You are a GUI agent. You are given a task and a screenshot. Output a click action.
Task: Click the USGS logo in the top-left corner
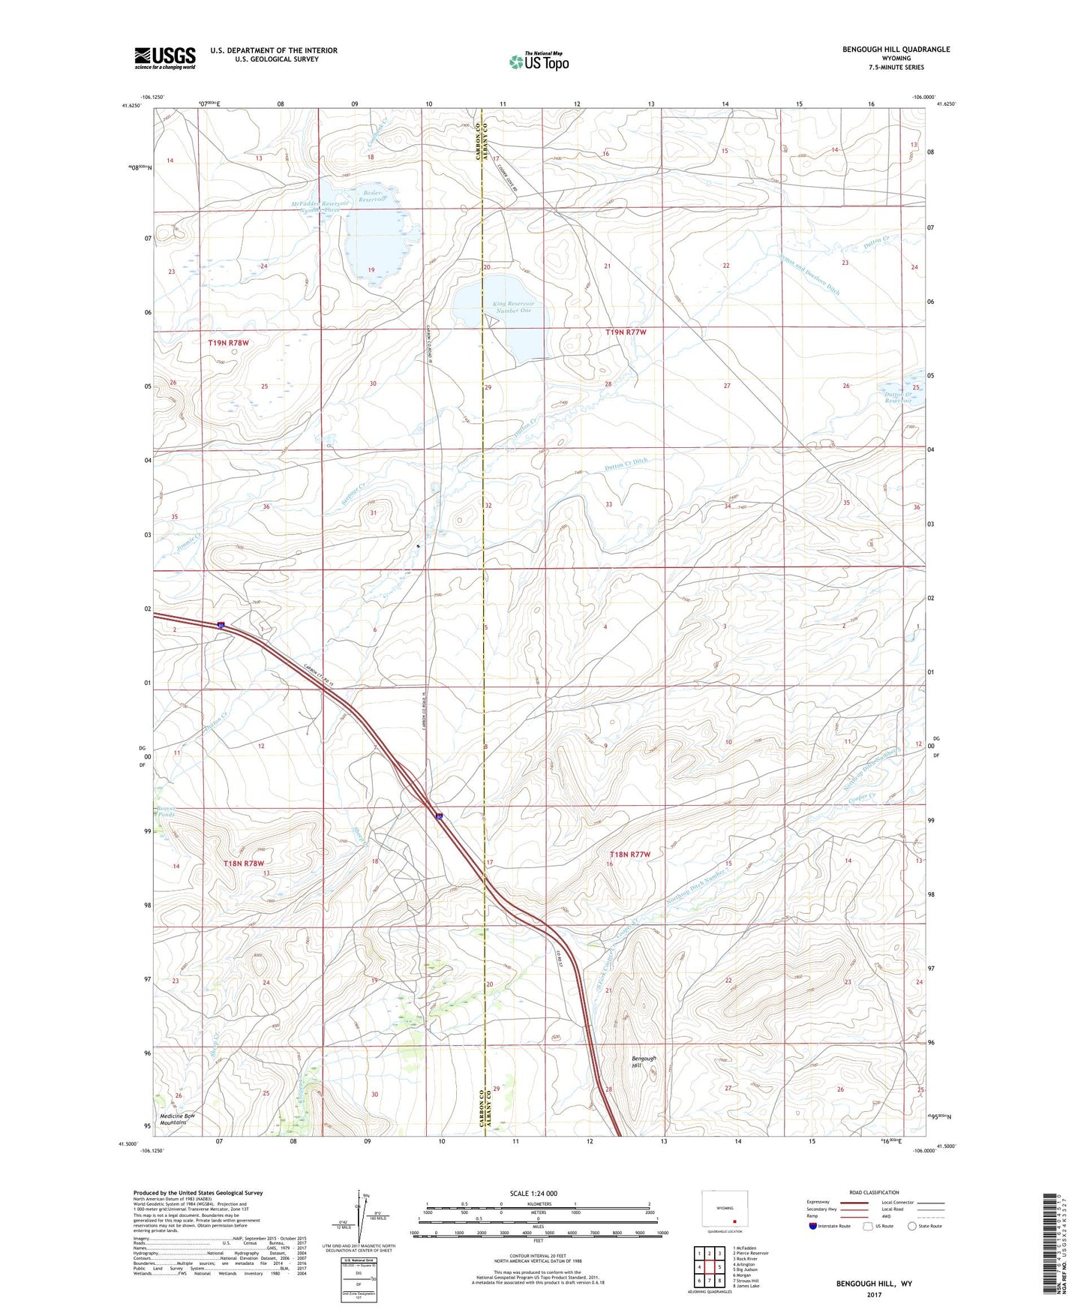tap(165, 58)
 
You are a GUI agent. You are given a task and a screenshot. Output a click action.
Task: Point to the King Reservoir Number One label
tap(513, 307)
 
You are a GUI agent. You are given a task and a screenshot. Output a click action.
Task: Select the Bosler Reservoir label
tap(371, 196)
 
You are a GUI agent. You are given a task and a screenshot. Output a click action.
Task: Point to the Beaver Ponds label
tap(165, 812)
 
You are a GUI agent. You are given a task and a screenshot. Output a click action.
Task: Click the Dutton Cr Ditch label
tap(626, 465)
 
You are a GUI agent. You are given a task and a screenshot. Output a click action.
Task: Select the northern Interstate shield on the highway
tap(221, 625)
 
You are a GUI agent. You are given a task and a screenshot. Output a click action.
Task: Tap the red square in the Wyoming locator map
tap(734, 1220)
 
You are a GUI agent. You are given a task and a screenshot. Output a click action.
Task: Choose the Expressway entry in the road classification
tap(818, 1202)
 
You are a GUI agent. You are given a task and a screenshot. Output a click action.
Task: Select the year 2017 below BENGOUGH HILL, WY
tap(874, 1294)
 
